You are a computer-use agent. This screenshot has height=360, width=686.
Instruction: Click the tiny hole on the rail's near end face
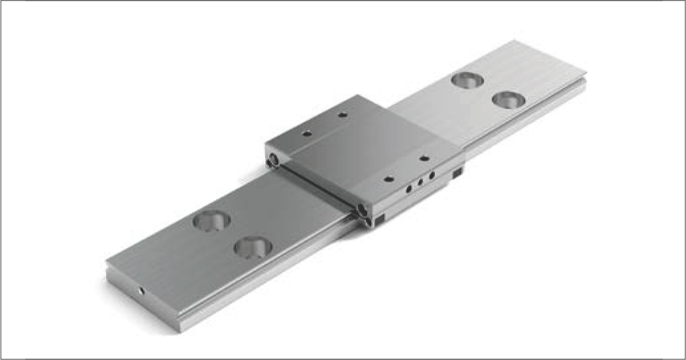141,290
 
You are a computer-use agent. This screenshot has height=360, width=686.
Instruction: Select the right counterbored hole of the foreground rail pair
252,247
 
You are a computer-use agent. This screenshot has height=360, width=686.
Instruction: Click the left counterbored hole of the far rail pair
467,80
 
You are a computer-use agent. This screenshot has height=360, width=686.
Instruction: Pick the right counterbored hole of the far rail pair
508,100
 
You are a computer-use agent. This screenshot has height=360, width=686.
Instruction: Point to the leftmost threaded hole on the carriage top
306,133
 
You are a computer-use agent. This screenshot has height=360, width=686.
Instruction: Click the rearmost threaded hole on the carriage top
342,115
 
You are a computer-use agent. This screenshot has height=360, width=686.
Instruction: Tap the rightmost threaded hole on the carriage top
424,158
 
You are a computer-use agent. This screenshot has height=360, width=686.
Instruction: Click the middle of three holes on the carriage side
420,181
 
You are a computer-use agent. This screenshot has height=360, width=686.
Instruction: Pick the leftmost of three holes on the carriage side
409,188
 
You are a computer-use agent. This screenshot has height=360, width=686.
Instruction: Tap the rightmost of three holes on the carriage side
432,175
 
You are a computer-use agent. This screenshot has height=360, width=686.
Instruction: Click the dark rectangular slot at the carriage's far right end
457,174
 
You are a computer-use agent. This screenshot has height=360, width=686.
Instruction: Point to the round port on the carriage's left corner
272,159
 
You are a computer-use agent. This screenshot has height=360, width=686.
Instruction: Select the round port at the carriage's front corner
361,210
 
